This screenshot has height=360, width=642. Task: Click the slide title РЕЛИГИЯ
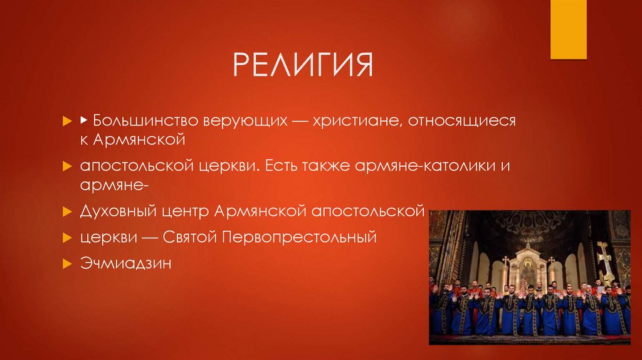pos(303,65)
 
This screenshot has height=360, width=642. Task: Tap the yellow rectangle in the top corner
pos(568,29)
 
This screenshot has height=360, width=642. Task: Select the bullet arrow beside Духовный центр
pos(66,211)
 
